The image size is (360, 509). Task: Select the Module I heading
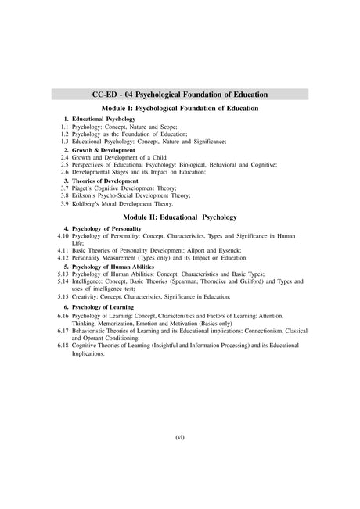180,106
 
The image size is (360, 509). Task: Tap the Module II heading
180,215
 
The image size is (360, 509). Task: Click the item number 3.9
65,203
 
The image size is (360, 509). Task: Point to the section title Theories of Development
103,181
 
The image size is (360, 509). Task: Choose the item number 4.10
63,235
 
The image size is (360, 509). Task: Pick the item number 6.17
63,331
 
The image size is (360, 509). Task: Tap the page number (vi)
180,436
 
